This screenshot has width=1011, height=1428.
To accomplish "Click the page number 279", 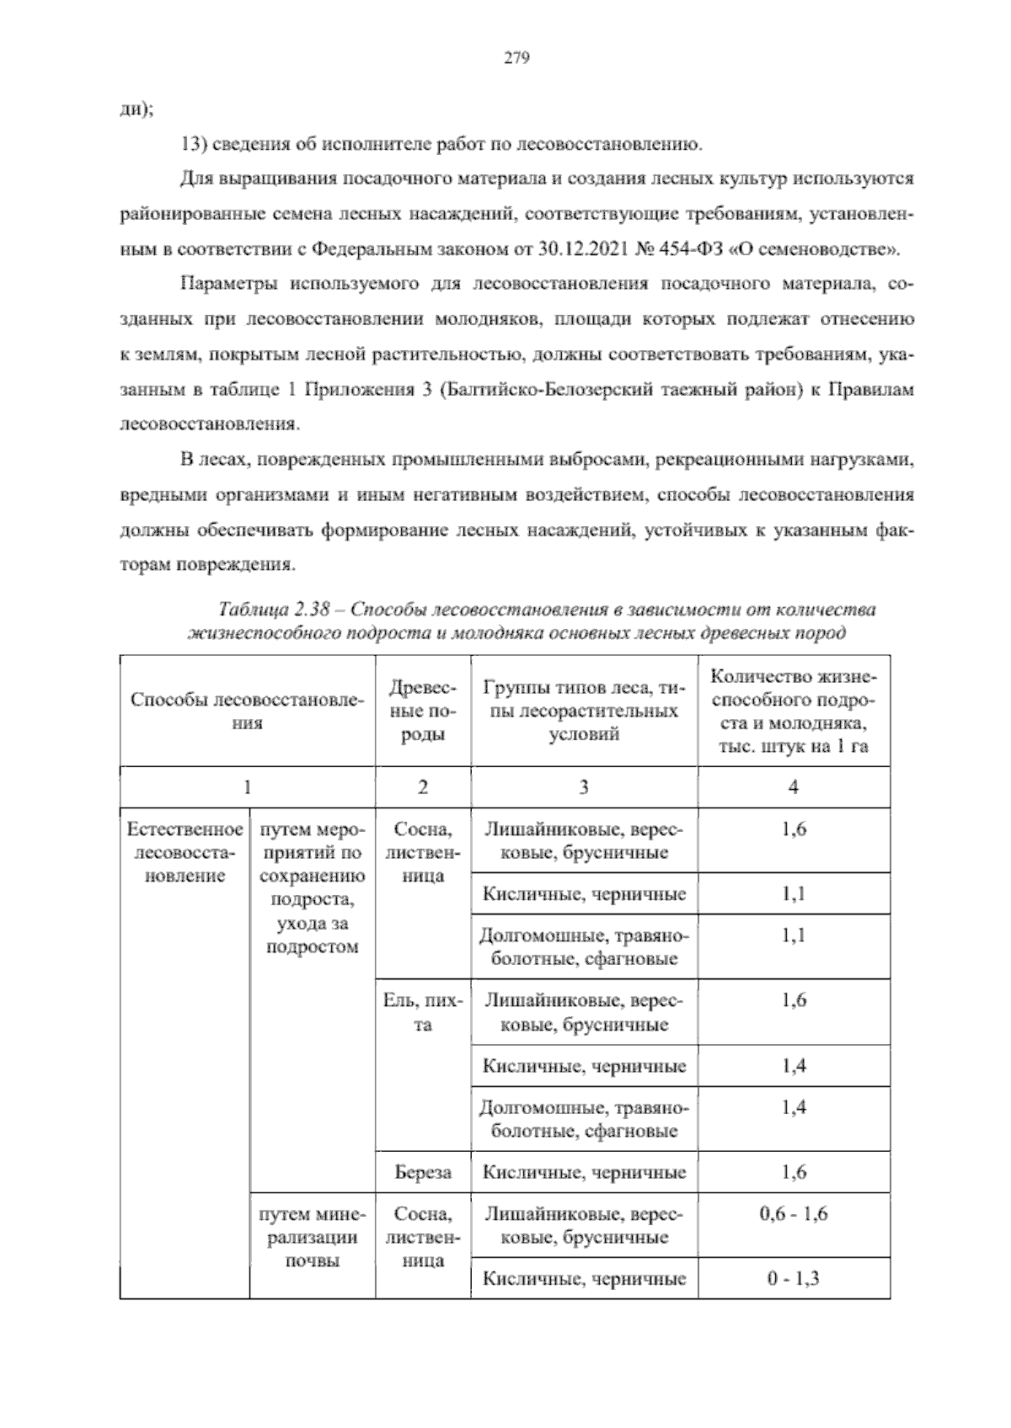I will [516, 58].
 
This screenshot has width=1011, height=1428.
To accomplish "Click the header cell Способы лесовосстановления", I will [247, 711].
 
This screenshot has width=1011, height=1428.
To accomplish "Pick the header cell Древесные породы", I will [422, 711].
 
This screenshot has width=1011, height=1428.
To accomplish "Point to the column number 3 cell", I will [584, 787].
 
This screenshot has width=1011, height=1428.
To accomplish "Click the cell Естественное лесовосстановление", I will [185, 852].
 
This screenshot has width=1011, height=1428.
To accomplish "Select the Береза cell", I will [422, 1172].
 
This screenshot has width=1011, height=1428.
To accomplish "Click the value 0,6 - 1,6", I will [793, 1214].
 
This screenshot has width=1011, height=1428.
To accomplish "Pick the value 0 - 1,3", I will [793, 1279].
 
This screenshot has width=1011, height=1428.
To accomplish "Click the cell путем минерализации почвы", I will [312, 1238].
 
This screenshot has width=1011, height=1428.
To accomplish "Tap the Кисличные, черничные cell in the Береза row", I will [584, 1172].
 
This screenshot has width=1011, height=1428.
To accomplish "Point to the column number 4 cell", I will [793, 787].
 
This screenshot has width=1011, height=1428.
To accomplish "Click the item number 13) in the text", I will [194, 144].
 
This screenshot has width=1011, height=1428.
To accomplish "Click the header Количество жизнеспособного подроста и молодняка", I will [793, 711].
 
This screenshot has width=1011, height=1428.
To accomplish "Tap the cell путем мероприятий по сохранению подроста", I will [312, 887].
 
